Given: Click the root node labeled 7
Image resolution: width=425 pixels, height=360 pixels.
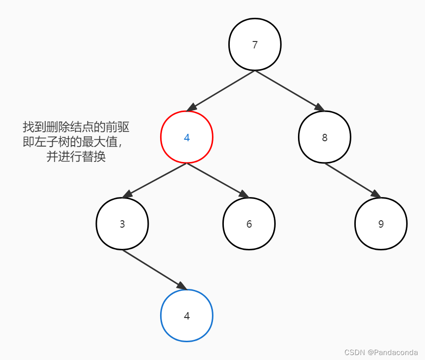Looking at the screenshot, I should point(255,44).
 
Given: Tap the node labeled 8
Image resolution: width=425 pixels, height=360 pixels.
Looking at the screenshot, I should point(324,137).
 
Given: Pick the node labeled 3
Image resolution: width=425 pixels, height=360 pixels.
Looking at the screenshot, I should point(122,224).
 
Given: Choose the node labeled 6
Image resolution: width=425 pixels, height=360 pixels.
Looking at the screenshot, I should point(249,224).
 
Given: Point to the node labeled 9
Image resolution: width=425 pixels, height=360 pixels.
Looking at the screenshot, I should point(381,224).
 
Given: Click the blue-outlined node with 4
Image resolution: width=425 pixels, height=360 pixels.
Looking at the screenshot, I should point(186,316).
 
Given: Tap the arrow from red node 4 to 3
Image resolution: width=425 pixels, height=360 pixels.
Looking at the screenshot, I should point(155,180).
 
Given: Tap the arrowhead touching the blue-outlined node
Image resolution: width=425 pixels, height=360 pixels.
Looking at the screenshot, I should point(181,286).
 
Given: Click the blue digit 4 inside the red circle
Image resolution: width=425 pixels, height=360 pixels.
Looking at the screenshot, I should point(186,138).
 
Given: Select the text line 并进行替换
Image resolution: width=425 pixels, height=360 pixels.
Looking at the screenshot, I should point(76,158).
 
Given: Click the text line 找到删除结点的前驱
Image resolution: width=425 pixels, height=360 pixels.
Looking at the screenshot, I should point(76,127).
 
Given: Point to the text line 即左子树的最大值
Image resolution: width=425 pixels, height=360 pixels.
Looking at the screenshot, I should point(72,142).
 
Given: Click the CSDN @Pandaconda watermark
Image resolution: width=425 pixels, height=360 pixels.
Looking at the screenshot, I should point(381,353).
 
